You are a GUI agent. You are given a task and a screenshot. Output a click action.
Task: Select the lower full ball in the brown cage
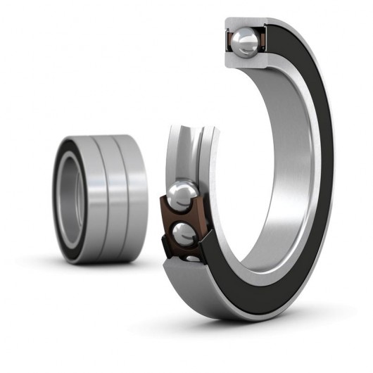(x=184, y=232)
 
